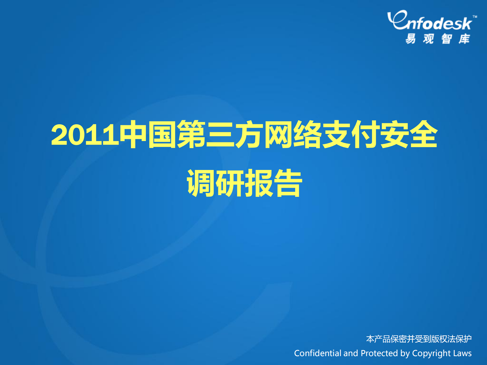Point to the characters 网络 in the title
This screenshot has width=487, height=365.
click(293, 134)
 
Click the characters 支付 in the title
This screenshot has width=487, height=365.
click(351, 134)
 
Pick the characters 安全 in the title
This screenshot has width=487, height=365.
click(409, 134)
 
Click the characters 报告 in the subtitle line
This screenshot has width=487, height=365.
click(274, 183)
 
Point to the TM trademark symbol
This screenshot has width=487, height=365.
click(475, 17)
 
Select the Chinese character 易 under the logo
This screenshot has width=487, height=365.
click(411, 39)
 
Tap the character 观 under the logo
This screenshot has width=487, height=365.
click(428, 39)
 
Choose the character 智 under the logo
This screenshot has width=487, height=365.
click(446, 39)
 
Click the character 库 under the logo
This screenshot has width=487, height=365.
click(464, 39)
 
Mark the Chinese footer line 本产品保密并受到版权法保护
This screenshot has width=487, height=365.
click(419, 339)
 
